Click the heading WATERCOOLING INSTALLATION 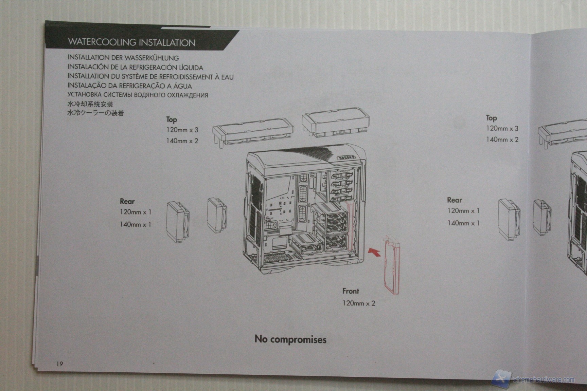click(x=131, y=42)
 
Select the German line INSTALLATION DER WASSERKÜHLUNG click(x=123, y=58)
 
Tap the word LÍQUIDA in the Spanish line click(x=191, y=68)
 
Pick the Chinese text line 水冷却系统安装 click(x=90, y=104)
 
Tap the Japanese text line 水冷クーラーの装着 click(x=95, y=113)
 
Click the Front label click(x=350, y=291)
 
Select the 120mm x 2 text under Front click(x=358, y=303)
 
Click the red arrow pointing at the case click(x=374, y=252)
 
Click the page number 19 click(x=59, y=364)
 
